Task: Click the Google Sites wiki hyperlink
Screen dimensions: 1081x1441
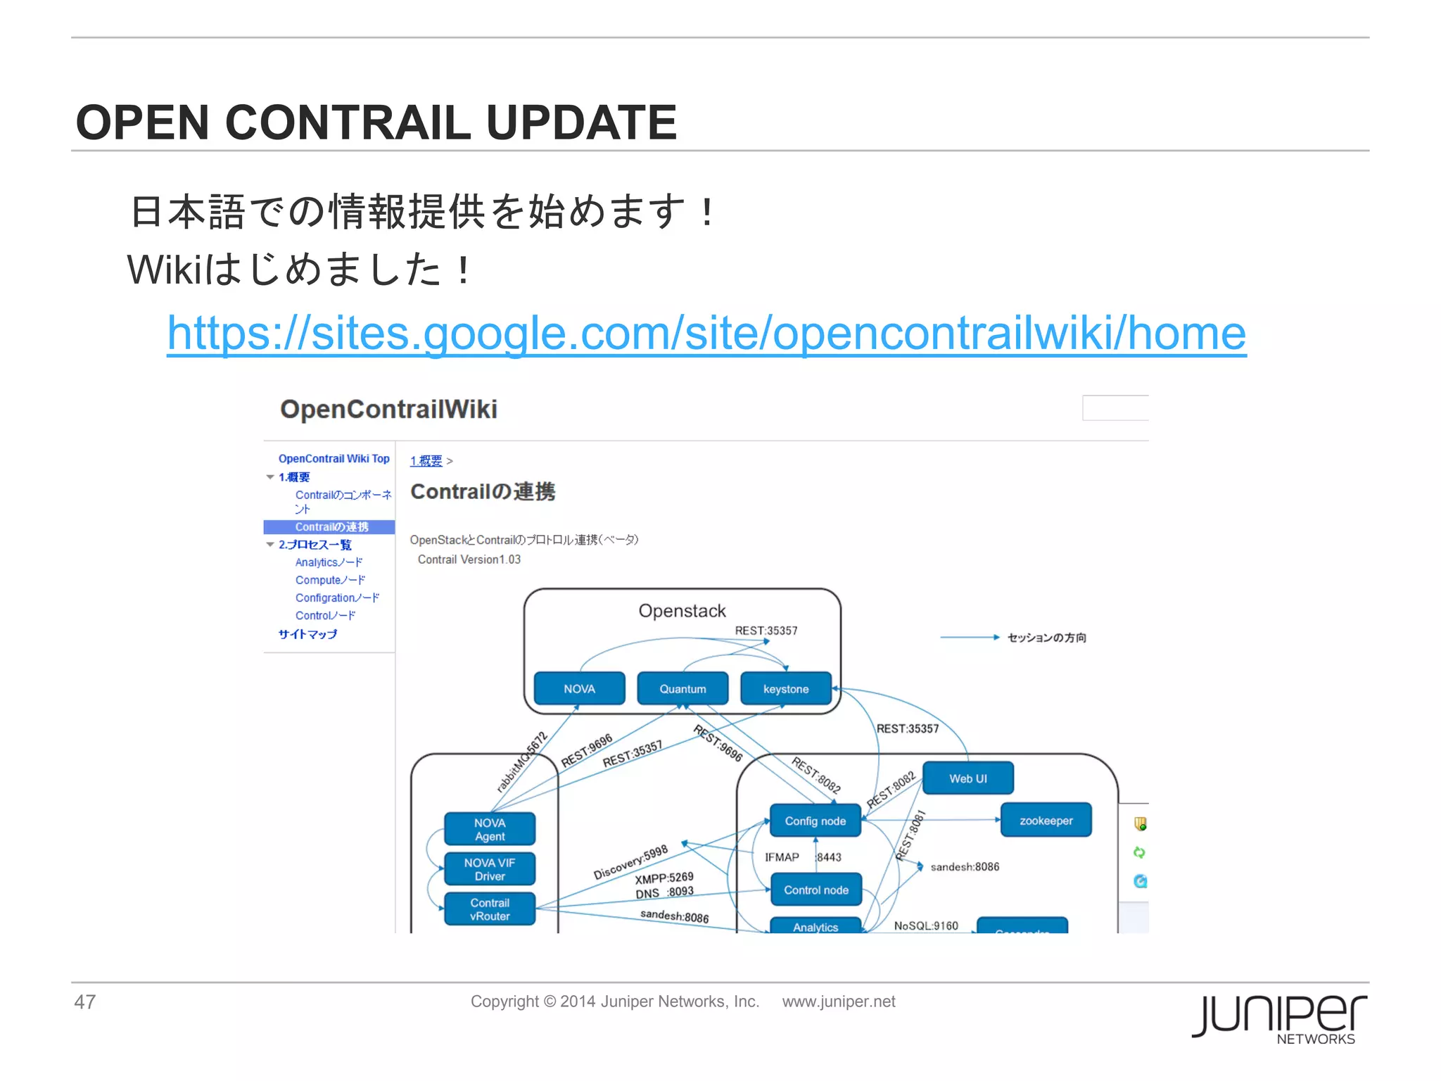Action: (706, 333)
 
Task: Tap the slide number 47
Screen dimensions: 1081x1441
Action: (84, 1001)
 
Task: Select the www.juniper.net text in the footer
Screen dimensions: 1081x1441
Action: (838, 1001)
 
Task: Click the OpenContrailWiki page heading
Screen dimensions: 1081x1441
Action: (388, 409)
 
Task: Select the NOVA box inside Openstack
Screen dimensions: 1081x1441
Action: (579, 689)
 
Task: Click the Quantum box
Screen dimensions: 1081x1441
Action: (682, 689)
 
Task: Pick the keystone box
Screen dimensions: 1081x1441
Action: (785, 689)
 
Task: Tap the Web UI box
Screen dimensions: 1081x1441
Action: (967, 778)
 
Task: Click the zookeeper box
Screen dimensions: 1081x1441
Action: (1046, 821)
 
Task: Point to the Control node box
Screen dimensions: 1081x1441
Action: (815, 890)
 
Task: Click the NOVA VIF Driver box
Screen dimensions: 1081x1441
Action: (490, 869)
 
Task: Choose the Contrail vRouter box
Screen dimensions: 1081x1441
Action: (490, 909)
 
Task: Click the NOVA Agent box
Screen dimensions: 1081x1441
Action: (490, 829)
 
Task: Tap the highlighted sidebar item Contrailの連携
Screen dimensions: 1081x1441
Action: (331, 527)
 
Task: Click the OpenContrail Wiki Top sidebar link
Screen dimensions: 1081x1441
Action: (334, 459)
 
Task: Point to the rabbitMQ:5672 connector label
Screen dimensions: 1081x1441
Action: (521, 762)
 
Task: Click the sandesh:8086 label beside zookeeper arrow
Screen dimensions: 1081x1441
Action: (964, 867)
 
